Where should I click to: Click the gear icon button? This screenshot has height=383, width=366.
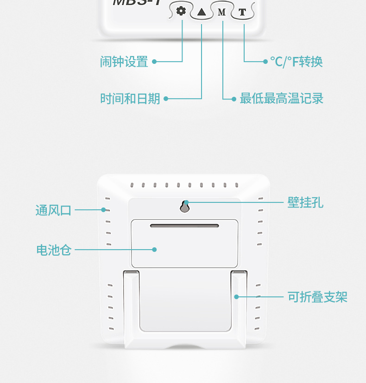(x=181, y=11)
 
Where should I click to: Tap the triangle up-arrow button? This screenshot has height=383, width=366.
(x=202, y=12)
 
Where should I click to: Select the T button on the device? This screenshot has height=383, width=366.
(x=242, y=12)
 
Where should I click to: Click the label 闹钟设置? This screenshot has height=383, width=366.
(x=124, y=62)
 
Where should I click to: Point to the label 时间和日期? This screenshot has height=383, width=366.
(x=130, y=99)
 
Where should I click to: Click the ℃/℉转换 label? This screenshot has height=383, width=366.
(x=297, y=62)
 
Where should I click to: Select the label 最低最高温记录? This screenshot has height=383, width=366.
(x=281, y=99)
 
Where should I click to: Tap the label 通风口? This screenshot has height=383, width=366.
(x=53, y=210)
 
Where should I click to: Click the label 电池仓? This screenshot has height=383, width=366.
(x=53, y=250)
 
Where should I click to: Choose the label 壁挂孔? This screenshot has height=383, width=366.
(x=305, y=202)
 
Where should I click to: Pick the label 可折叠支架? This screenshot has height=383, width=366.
(x=317, y=297)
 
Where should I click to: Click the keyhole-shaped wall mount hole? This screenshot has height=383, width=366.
(x=185, y=207)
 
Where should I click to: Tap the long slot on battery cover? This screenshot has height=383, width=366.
(x=184, y=226)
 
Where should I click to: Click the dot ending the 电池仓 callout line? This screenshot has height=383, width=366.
(x=155, y=250)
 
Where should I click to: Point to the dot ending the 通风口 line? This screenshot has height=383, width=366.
(x=104, y=210)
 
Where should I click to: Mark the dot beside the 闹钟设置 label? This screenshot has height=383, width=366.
(x=154, y=61)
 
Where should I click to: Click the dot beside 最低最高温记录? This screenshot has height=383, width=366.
(x=234, y=99)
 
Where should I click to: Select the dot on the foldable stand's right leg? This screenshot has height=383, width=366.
(x=236, y=296)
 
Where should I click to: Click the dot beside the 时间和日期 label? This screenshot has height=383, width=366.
(x=166, y=99)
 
